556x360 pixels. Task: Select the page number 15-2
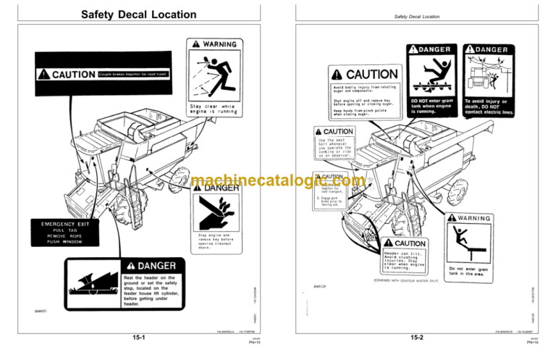click(417, 338)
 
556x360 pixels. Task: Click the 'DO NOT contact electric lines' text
click(489, 108)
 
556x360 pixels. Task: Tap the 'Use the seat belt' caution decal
click(334, 146)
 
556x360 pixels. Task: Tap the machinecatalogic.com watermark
click(277, 180)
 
